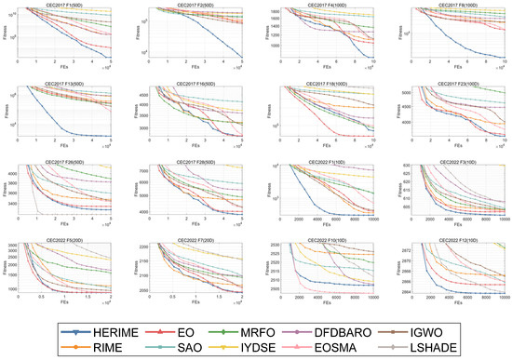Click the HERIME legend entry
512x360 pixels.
pos(123,329)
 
